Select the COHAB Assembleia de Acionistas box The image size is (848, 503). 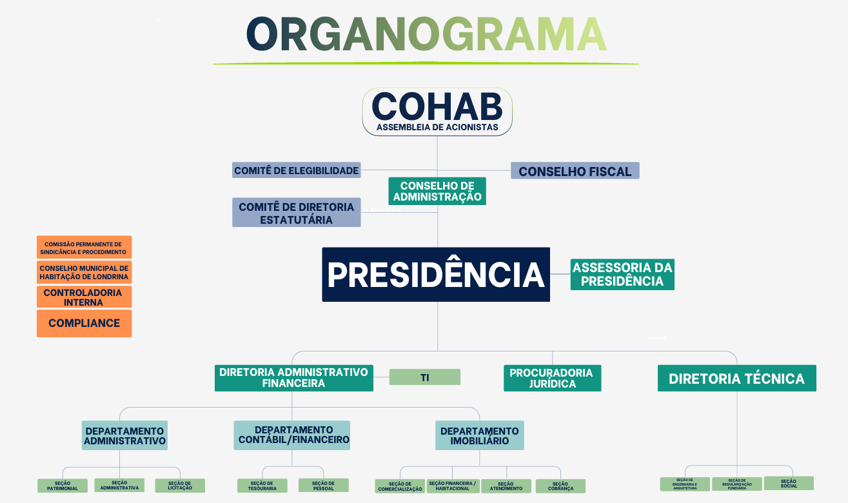(437, 112)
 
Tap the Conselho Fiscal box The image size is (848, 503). (575, 171)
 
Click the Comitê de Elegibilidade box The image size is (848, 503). (296, 170)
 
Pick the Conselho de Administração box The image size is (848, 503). (437, 192)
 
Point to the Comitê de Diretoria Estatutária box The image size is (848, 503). (296, 213)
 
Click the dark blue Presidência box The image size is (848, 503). (436, 275)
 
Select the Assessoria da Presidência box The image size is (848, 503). (622, 275)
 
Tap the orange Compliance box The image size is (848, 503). (84, 323)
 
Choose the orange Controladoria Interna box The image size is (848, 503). (84, 297)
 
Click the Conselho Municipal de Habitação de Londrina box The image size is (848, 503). (84, 273)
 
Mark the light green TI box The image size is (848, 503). (425, 377)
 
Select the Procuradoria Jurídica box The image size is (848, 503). (552, 378)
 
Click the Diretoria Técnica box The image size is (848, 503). (736, 379)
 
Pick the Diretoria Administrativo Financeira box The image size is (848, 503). (293, 378)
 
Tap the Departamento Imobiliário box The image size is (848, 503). (479, 436)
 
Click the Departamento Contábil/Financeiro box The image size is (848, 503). (292, 435)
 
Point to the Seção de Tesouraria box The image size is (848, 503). (262, 486)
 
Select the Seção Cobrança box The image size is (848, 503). (560, 486)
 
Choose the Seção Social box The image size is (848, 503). (789, 483)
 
